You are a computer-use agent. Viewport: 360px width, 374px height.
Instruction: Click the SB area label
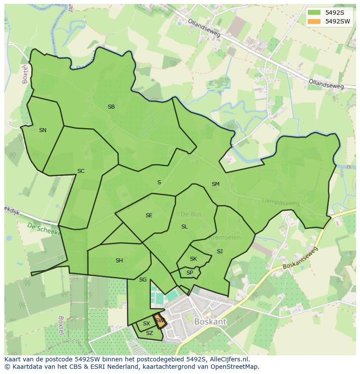click(x=111, y=107)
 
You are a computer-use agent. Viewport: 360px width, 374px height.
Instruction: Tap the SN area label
click(x=43, y=130)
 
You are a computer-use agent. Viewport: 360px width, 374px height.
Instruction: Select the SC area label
click(x=81, y=171)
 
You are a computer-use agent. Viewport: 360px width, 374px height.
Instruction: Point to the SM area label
click(x=216, y=184)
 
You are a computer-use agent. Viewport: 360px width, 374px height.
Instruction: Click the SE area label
click(x=149, y=215)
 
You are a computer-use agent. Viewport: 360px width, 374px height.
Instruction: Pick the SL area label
click(x=184, y=227)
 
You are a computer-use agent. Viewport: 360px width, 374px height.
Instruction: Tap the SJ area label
click(x=220, y=252)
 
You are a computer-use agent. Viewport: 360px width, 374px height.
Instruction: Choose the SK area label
click(x=193, y=259)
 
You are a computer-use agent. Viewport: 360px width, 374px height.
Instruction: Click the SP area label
click(x=190, y=273)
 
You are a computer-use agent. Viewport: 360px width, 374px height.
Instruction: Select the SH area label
click(x=119, y=261)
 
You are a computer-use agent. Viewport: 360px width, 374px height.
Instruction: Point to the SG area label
click(x=143, y=280)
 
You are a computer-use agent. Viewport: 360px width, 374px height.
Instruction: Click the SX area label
click(x=147, y=324)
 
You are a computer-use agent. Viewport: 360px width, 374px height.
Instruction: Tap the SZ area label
click(x=150, y=333)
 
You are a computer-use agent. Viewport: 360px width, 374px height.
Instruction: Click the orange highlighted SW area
click(x=160, y=321)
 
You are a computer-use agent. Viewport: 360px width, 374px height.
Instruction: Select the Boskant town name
click(x=210, y=322)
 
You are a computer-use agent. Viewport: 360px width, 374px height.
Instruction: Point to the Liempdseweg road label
click(x=281, y=202)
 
